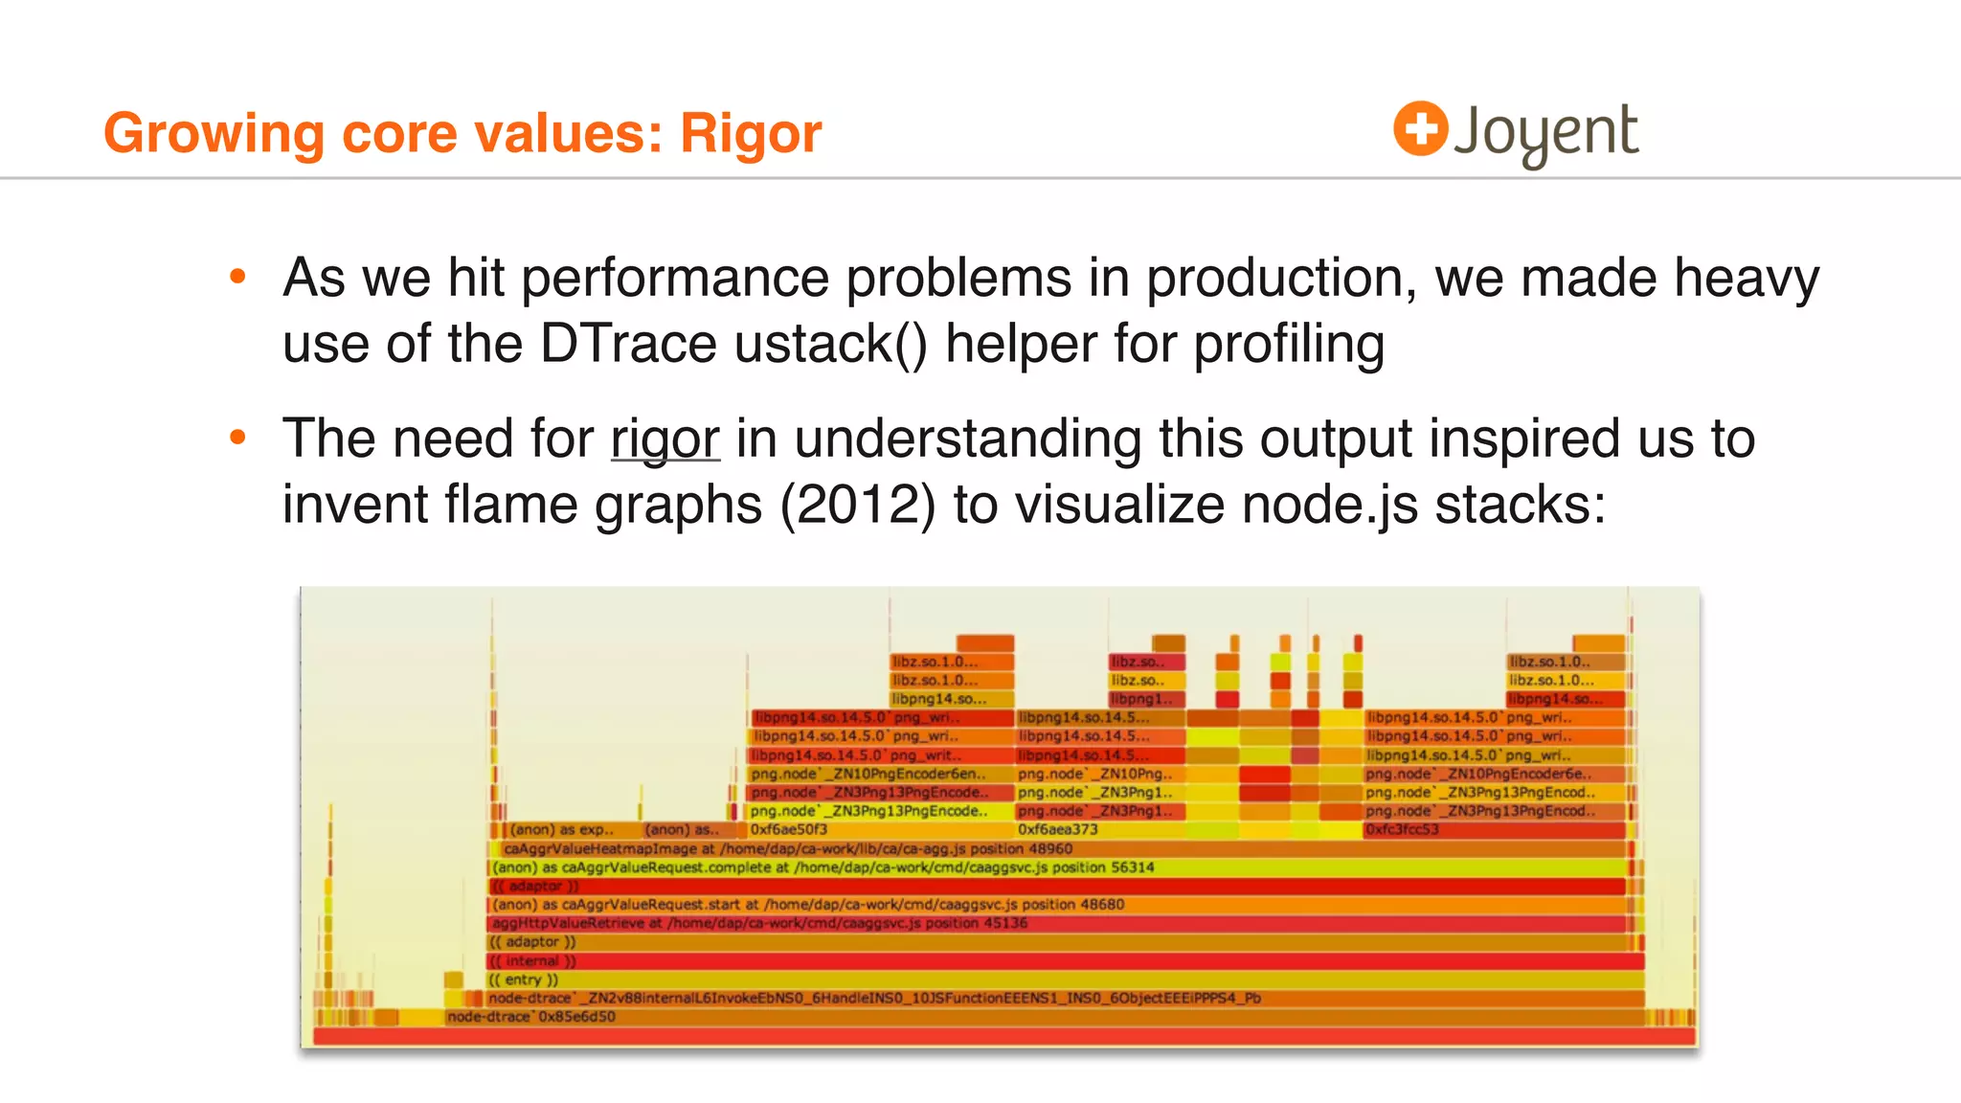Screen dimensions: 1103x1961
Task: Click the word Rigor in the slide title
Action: (751, 133)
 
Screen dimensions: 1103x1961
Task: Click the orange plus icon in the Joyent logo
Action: (1420, 128)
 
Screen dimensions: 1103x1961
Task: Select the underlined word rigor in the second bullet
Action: (665, 439)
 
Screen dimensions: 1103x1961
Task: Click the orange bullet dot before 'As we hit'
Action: (238, 278)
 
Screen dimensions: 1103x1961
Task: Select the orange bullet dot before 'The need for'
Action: (238, 439)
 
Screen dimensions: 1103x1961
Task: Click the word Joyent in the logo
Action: (1545, 132)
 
